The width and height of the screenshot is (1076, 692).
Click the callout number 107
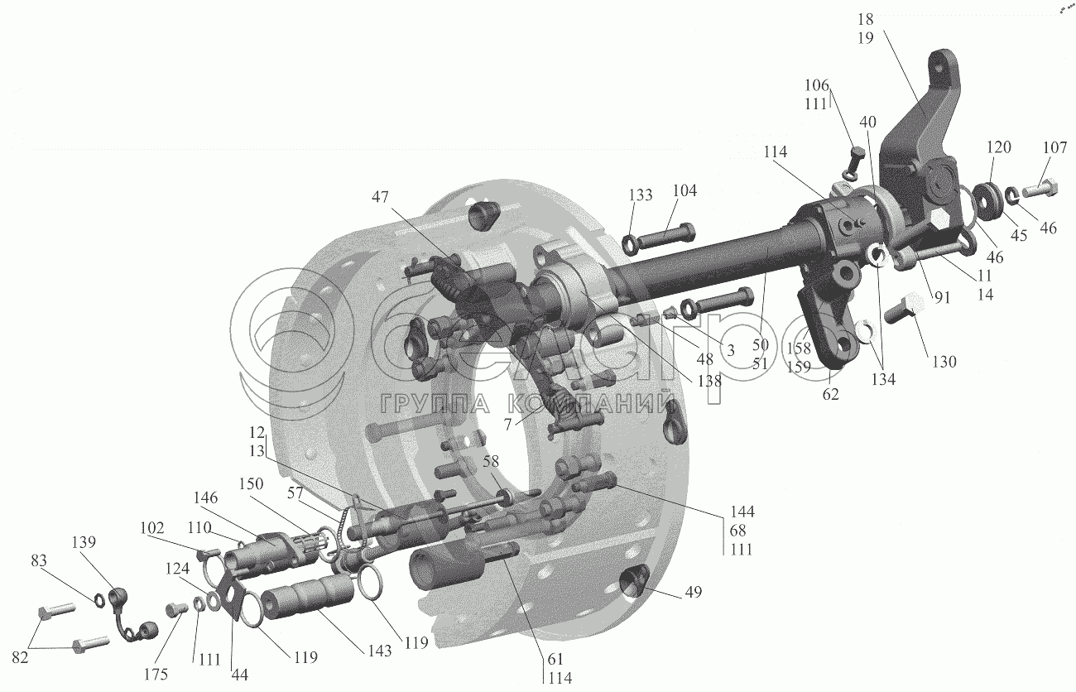pos(1054,147)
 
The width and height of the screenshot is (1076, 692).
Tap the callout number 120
pos(999,147)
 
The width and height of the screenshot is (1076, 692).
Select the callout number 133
pos(641,195)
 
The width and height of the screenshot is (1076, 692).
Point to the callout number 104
pos(685,190)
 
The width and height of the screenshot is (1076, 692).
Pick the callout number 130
pos(944,362)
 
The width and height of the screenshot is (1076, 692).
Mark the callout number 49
pos(693,592)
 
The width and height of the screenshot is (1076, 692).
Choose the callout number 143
pos(379,651)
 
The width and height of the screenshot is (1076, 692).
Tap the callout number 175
pos(156,675)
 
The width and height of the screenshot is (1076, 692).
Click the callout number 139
pos(84,542)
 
